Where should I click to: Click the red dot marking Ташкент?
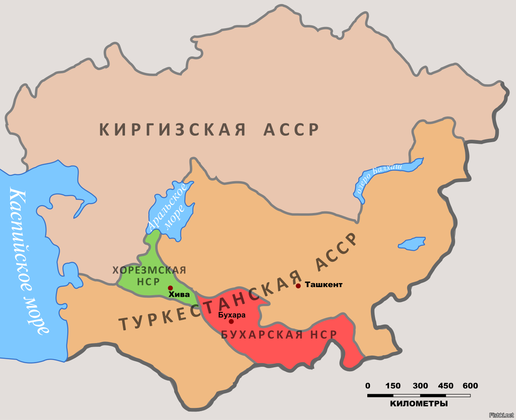click(x=298, y=286)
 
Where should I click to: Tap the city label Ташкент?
click(x=323, y=285)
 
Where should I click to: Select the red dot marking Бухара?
click(x=231, y=321)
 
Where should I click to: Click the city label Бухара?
click(x=232, y=315)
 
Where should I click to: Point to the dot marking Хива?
click(x=171, y=288)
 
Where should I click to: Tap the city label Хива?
click(x=179, y=295)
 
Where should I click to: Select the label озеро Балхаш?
click(x=379, y=177)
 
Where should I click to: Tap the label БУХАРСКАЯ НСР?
click(x=279, y=335)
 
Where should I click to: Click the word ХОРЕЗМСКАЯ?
click(x=149, y=270)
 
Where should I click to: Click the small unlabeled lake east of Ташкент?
click(x=412, y=244)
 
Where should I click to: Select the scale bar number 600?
click(x=470, y=386)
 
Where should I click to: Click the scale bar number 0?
click(x=368, y=386)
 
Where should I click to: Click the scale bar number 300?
click(x=420, y=386)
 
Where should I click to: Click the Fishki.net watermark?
click(x=501, y=415)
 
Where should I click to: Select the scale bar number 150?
click(x=393, y=386)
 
